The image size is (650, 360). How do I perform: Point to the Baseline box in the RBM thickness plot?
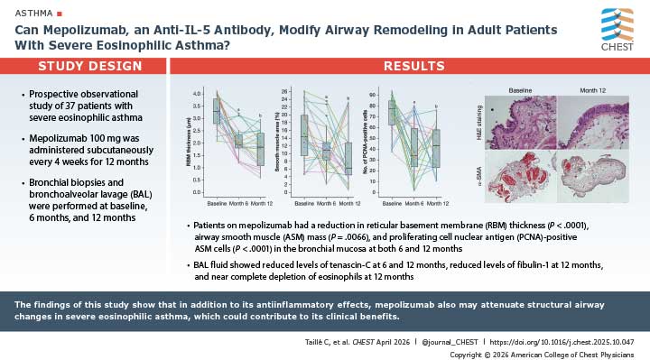[x=216, y=112]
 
